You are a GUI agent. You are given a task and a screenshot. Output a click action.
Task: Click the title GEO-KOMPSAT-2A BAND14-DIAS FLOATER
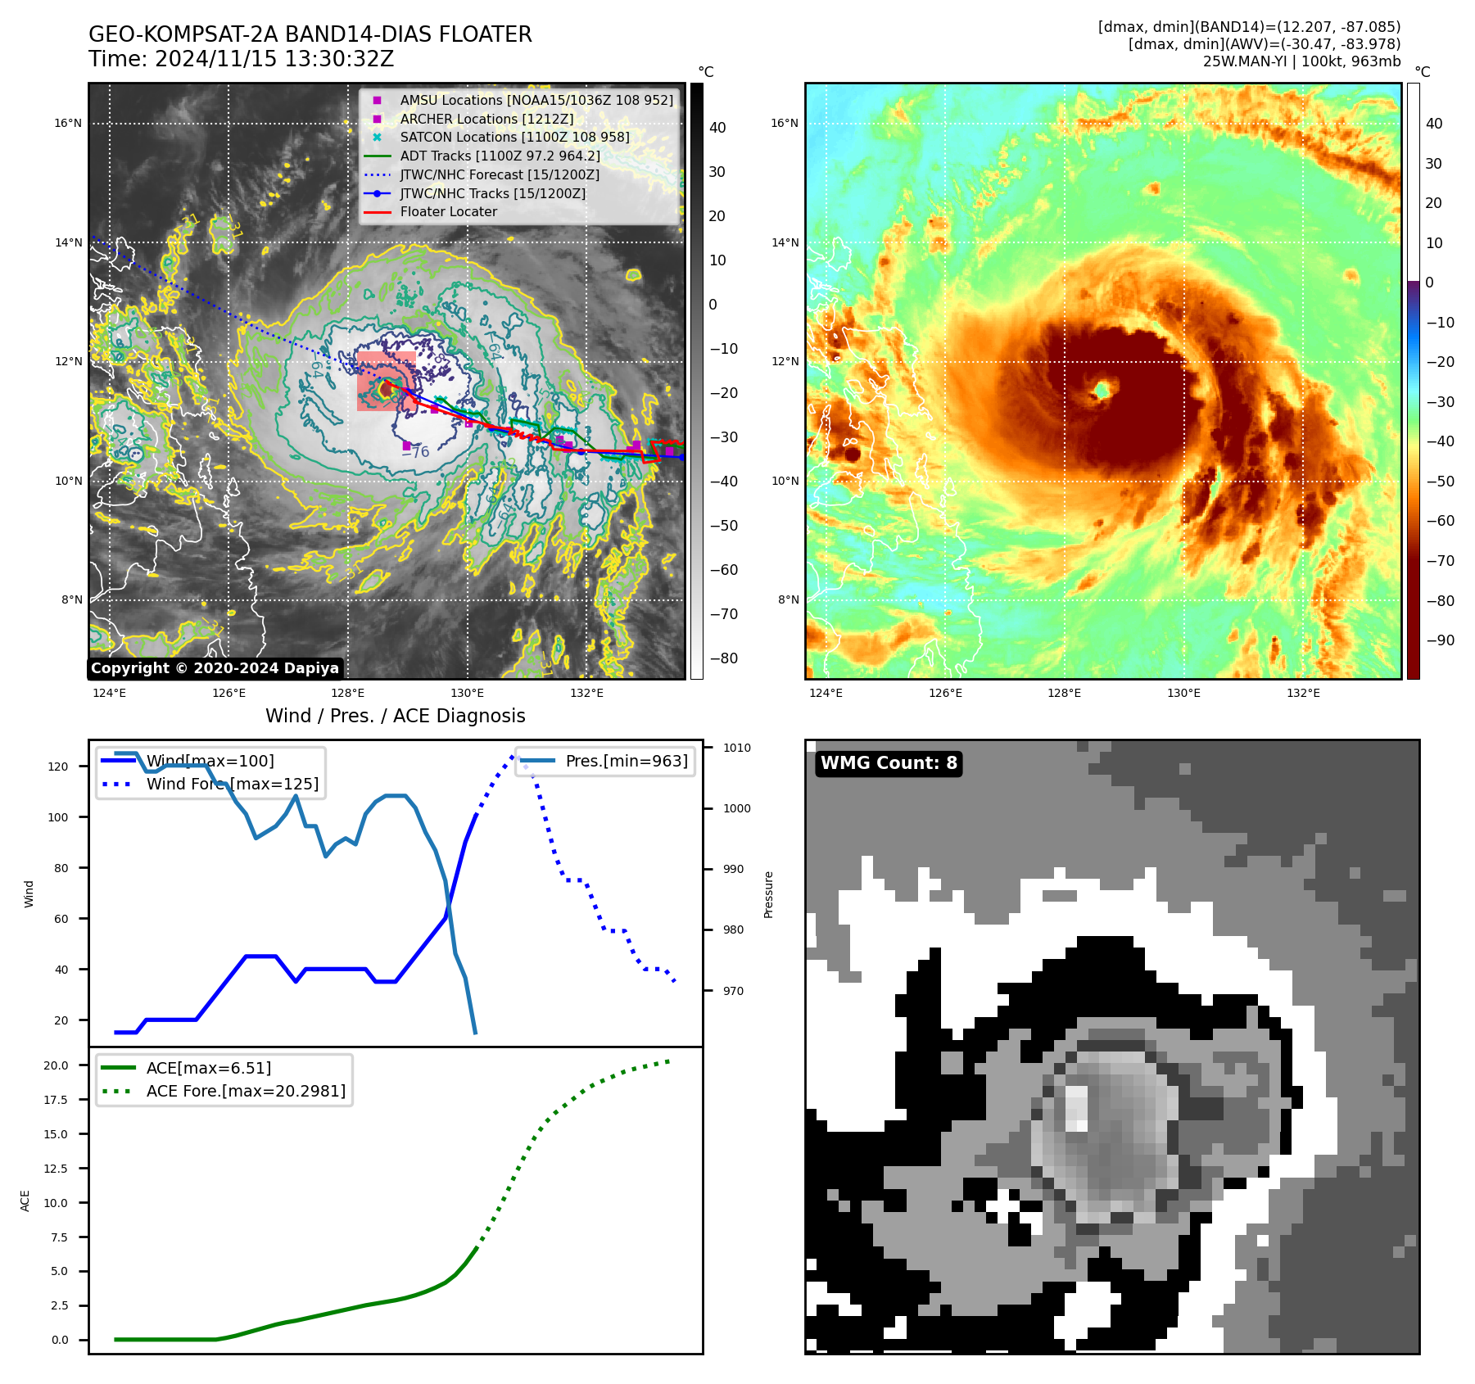310,34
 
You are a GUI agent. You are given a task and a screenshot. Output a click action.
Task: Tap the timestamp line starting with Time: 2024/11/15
241,60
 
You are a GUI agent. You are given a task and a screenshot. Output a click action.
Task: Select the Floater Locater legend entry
448,212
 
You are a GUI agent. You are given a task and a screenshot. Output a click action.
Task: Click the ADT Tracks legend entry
500,156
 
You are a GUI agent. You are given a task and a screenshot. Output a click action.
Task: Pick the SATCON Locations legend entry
514,138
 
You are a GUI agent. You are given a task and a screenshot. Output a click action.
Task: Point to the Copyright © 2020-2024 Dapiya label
215,668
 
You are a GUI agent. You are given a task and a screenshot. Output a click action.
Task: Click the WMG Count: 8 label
889,763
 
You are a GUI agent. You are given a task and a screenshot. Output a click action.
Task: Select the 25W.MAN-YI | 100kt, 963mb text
1301,61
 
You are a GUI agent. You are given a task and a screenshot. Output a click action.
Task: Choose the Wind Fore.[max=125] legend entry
232,784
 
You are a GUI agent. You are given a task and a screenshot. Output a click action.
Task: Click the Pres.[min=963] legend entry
627,761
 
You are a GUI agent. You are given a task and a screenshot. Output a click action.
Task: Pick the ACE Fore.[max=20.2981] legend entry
246,1091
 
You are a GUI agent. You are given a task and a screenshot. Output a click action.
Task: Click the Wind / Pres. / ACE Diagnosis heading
395,716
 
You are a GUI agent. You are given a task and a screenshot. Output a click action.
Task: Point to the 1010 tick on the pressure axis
737,748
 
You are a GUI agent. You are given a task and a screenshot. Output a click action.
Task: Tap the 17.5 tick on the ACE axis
57,1100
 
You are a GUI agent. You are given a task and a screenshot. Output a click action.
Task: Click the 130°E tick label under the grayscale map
467,694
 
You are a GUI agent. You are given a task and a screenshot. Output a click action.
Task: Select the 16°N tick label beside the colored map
785,124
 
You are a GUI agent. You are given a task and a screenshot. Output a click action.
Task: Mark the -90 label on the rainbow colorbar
1440,640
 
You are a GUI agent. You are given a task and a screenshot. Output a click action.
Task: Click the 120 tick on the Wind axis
58,767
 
